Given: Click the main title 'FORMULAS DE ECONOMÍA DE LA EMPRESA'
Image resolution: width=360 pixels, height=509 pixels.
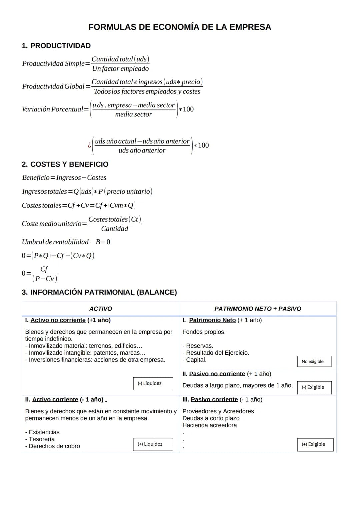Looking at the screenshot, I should click(x=180, y=27).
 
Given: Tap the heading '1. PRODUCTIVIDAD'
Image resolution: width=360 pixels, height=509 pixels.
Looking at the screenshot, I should click(x=56, y=46).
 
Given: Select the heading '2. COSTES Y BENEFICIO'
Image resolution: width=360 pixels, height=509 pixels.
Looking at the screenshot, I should click(x=65, y=164).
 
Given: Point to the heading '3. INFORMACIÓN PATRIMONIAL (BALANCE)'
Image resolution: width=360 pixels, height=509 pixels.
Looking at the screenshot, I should click(x=99, y=292).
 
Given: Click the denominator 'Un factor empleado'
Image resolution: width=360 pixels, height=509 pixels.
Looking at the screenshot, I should click(x=120, y=69).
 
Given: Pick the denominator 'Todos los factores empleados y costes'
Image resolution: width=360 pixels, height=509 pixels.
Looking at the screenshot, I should click(x=147, y=91).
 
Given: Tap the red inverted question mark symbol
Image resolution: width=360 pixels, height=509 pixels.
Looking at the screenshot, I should click(x=89, y=145).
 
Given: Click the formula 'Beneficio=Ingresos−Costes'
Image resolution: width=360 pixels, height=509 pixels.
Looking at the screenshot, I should click(x=64, y=178).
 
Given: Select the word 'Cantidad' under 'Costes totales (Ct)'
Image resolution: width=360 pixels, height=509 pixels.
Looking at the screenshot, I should click(x=115, y=229).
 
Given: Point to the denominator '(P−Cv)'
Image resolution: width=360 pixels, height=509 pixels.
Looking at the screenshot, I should click(x=45, y=279).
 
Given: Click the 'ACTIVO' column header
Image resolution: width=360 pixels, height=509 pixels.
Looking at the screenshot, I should click(x=101, y=309).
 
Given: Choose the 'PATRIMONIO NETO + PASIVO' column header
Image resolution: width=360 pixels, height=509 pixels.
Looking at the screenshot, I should click(x=258, y=309).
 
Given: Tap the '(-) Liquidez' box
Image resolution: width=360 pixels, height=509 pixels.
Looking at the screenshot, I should click(x=153, y=383).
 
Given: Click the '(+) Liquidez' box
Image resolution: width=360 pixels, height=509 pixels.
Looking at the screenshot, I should click(x=153, y=444).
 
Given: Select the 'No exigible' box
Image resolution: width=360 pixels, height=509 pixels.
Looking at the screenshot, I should click(x=314, y=361).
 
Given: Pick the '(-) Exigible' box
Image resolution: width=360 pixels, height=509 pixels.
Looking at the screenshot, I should click(x=314, y=387).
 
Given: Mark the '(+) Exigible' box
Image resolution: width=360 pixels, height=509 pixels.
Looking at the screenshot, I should click(x=315, y=444).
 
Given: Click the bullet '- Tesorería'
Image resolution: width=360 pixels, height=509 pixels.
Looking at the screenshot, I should click(x=40, y=439).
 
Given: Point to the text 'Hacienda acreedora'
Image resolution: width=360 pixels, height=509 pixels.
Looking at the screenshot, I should click(x=210, y=425).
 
